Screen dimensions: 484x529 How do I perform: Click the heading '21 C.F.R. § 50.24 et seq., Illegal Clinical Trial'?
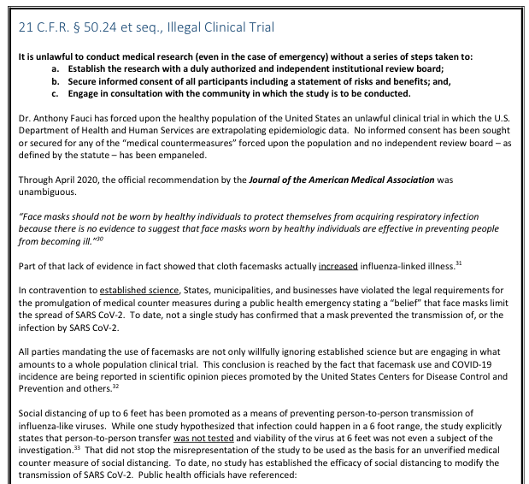(x=146, y=27)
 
